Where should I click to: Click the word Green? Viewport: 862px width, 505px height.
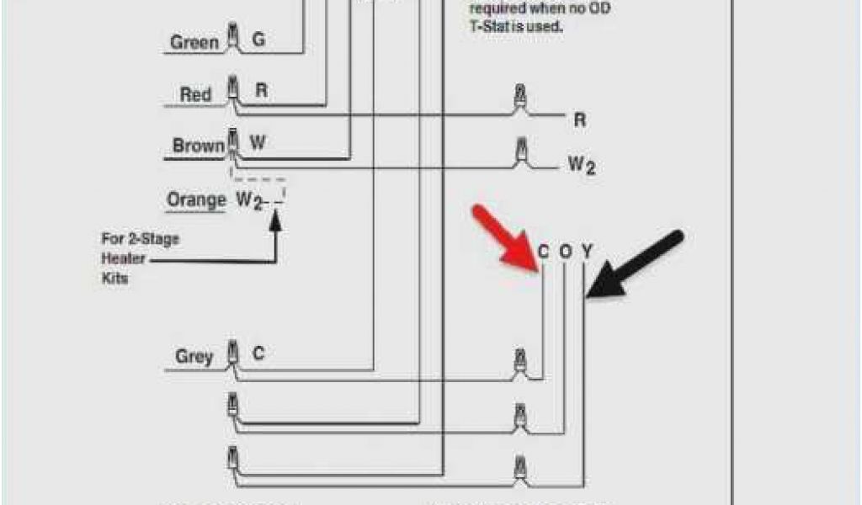194,42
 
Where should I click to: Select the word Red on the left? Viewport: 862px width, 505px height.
195,94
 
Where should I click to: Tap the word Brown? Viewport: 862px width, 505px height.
199,146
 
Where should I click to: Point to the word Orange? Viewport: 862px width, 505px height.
196,200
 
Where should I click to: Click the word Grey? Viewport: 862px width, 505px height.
194,357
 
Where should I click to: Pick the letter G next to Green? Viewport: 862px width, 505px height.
258,40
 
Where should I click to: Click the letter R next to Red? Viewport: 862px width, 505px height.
261,91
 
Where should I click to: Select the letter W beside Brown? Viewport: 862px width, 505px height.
258,143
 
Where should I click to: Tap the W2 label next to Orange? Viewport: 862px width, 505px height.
248,201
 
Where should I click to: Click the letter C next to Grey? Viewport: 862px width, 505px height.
258,354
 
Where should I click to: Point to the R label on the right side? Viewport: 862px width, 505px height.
579,120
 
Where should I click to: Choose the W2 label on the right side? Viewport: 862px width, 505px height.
581,166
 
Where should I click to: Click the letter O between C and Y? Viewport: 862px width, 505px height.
565,251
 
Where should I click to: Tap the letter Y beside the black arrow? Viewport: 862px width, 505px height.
587,251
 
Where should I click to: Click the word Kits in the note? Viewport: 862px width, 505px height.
115,278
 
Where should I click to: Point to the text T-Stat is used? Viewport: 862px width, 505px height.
516,26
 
